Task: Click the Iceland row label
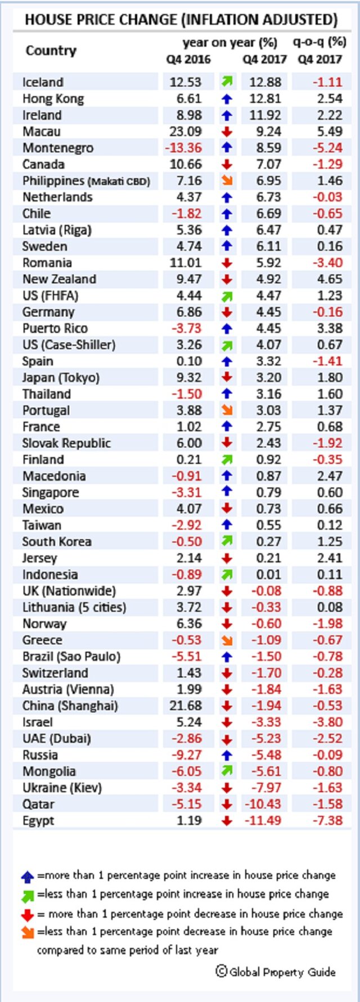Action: tap(43, 82)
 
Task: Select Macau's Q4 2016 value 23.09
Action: tap(185, 132)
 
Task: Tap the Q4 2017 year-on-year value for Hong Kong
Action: tap(265, 98)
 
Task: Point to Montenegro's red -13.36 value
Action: tap(183, 148)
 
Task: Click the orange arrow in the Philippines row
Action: tap(227, 181)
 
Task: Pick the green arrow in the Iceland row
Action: tap(227, 82)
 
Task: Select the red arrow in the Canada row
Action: tap(227, 164)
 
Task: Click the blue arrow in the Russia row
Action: tap(227, 755)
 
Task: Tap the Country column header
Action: tap(51, 51)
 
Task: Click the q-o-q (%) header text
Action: tap(319, 42)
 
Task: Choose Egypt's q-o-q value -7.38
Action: tap(327, 820)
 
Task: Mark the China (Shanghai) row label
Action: tap(70, 706)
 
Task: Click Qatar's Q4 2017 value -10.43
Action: tap(263, 804)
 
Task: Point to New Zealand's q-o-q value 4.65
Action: tap(330, 279)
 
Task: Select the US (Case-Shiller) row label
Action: tap(69, 344)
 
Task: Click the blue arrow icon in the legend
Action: tap(27, 877)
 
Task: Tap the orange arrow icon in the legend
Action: tap(27, 932)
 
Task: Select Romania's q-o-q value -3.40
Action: tap(327, 263)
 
